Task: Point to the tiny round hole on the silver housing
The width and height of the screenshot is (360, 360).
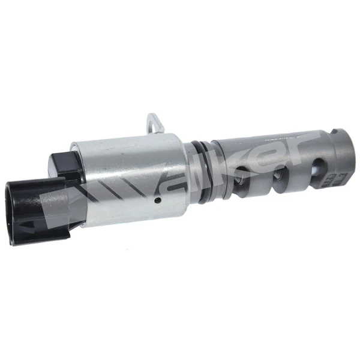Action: (158, 200)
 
